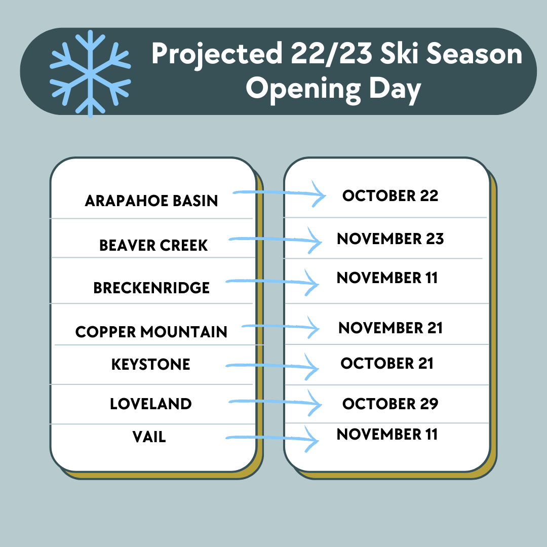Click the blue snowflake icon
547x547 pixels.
(90, 73)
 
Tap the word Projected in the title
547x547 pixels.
(217, 54)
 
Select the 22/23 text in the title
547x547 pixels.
(331, 53)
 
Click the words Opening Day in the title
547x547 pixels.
(333, 90)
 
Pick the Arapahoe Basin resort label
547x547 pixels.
(151, 201)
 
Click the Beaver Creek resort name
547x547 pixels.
(153, 245)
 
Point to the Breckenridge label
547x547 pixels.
(151, 288)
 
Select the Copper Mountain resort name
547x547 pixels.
(151, 332)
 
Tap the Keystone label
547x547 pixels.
(151, 364)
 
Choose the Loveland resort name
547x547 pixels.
(151, 404)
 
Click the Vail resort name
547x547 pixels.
(149, 437)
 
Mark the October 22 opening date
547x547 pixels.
(390, 196)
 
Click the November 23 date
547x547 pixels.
(390, 239)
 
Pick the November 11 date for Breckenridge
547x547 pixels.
(387, 278)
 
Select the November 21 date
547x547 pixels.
(390, 328)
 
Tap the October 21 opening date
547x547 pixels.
(387, 363)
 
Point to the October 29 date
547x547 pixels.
(390, 404)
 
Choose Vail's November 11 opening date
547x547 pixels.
(387, 435)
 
